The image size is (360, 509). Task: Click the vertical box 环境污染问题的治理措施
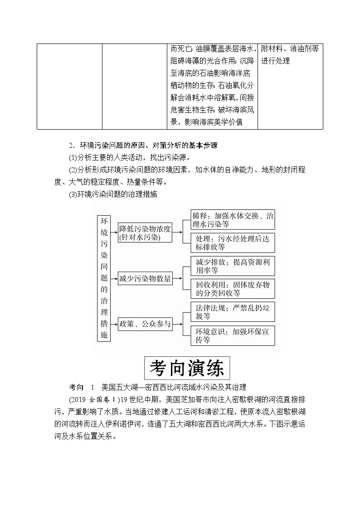pos(104,278)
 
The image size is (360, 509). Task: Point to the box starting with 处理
pos(233,243)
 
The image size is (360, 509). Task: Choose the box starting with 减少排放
pos(233,266)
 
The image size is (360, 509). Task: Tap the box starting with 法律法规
pos(233,312)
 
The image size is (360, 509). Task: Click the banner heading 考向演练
pos(187,368)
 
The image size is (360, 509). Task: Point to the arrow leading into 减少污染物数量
pos(113,279)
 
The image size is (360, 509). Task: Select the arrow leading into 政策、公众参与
pos(113,324)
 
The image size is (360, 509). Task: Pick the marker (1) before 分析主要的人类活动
pos(73,157)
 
